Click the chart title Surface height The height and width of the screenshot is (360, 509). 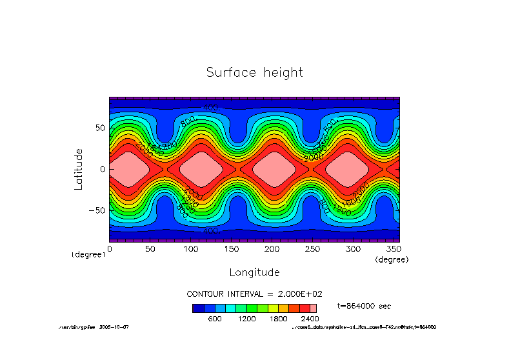254,72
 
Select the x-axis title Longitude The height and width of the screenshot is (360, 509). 255,272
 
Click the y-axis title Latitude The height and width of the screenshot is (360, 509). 79,168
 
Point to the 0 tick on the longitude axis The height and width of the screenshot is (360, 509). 110,248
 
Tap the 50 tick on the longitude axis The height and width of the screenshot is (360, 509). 150,248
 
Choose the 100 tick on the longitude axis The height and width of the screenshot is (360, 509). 191,248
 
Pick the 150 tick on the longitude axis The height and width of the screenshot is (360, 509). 231,248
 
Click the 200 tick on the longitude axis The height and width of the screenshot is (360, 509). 272,248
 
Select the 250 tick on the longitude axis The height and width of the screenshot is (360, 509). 312,248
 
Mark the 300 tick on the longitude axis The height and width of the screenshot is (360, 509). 353,248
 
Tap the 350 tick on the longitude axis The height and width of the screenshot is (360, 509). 393,248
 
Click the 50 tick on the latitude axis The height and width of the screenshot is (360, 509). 100,128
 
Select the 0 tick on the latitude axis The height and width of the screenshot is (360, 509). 103,169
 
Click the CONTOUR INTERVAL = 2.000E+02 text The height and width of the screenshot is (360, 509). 254,294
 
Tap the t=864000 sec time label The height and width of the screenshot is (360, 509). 364,306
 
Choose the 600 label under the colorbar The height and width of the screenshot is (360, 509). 214,318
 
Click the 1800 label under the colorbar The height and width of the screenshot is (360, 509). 278,318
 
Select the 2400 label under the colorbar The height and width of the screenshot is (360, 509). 310,318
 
